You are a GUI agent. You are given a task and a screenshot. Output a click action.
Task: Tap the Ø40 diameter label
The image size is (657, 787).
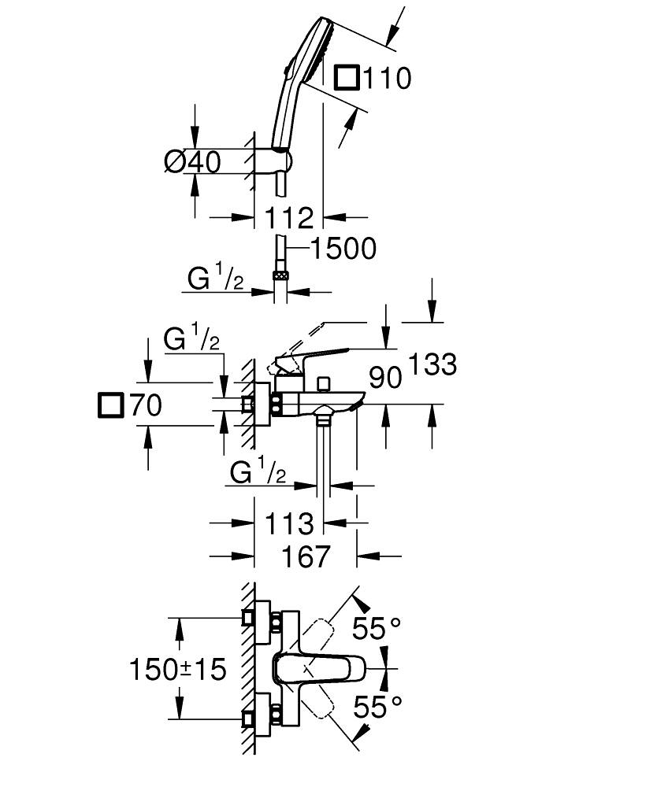(x=192, y=162)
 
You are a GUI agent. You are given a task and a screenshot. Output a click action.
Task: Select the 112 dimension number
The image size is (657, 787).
(x=289, y=218)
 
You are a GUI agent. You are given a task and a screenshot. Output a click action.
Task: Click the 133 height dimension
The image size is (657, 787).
(x=432, y=364)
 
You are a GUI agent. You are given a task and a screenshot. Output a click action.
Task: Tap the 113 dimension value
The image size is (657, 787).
(x=289, y=523)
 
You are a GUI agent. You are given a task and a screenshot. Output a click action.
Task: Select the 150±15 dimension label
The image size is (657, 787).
(x=178, y=670)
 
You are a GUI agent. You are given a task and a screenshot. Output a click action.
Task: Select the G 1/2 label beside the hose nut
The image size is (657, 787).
(x=214, y=279)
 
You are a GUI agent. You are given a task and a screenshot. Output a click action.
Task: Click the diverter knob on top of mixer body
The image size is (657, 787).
(x=321, y=384)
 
